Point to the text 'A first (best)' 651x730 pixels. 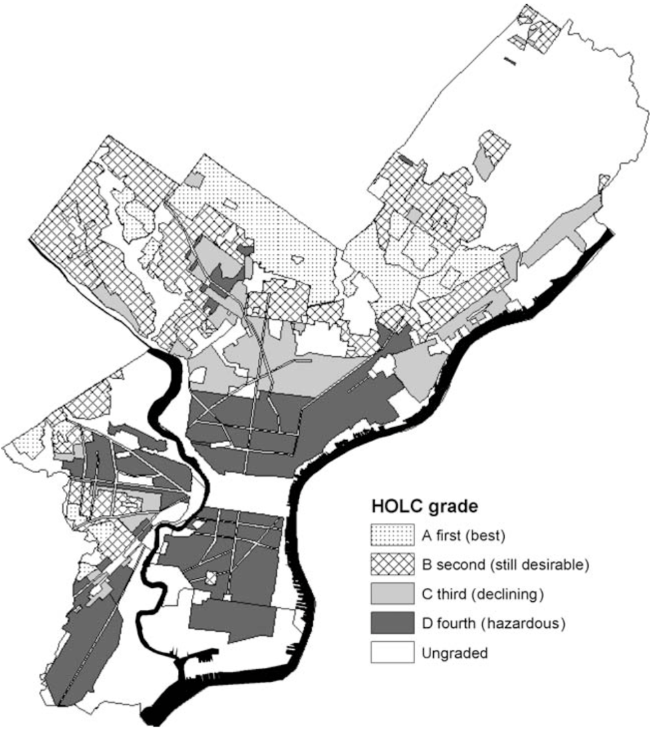click(462, 535)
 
